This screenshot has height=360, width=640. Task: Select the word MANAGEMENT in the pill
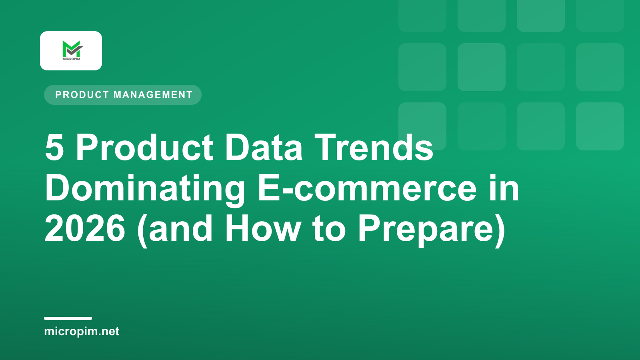[x=153, y=95]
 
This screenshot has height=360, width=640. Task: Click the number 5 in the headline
[x=54, y=148]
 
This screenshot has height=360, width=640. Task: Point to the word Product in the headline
[x=145, y=148]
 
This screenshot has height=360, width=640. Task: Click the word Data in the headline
[x=264, y=148]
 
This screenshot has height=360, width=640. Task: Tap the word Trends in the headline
[x=374, y=148]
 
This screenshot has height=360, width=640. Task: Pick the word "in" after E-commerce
[x=504, y=188]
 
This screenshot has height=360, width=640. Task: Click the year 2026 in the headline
[x=85, y=228]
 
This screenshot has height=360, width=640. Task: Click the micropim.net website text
[x=82, y=332]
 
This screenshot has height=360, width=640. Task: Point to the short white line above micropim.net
[x=68, y=318]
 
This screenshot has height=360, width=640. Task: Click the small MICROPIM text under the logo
[x=72, y=59]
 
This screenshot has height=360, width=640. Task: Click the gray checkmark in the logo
[x=75, y=50]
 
